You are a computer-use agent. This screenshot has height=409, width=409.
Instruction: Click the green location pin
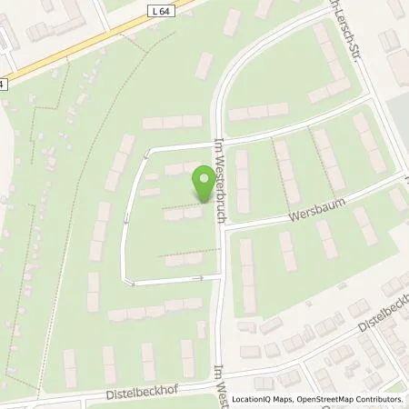tap(203, 185)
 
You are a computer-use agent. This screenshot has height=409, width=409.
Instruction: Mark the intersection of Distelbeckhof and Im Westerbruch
tap(221, 371)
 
